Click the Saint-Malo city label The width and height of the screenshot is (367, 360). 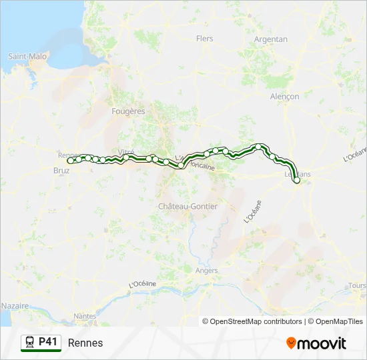click(x=27, y=57)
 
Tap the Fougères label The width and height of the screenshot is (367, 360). click(x=129, y=111)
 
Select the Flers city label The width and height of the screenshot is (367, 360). click(x=204, y=39)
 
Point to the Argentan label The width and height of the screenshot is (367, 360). click(x=271, y=39)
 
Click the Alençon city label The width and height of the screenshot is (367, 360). click(x=284, y=97)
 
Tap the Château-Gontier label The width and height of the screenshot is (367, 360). click(x=188, y=207)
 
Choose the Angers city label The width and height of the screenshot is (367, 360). click(x=207, y=271)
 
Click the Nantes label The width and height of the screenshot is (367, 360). click(x=85, y=316)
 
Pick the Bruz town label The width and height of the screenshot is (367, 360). click(x=60, y=170)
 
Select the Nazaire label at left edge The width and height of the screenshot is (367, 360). click(x=15, y=305)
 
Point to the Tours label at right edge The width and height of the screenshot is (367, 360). click(x=357, y=285)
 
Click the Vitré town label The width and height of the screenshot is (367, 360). click(x=126, y=152)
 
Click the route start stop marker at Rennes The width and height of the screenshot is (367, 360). click(x=70, y=161)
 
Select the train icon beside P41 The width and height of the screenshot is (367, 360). click(x=30, y=342)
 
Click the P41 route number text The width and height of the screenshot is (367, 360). click(x=49, y=342)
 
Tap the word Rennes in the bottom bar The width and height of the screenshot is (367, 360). click(x=85, y=343)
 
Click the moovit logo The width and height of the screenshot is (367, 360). click(x=316, y=343)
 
